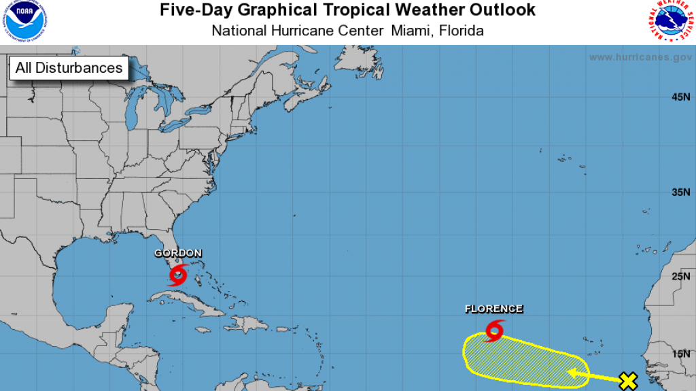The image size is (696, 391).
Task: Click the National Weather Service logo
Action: tap(669, 21)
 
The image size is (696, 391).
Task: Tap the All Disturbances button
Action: tap(69, 68)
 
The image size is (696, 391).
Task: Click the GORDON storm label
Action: tap(178, 254)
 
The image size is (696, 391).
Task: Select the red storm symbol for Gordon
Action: tap(178, 275)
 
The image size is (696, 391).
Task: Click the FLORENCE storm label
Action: tap(494, 309)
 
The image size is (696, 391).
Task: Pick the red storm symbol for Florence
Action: tap(494, 330)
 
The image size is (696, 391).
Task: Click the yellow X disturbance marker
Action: tap(629, 381)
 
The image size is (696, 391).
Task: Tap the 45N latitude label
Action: tap(680, 98)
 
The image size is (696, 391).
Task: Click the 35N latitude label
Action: tap(680, 192)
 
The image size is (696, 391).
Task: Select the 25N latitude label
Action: tap(680, 277)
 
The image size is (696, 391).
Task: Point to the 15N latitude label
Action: tap(680, 354)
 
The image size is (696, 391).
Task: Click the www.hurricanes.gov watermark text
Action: tap(640, 57)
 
